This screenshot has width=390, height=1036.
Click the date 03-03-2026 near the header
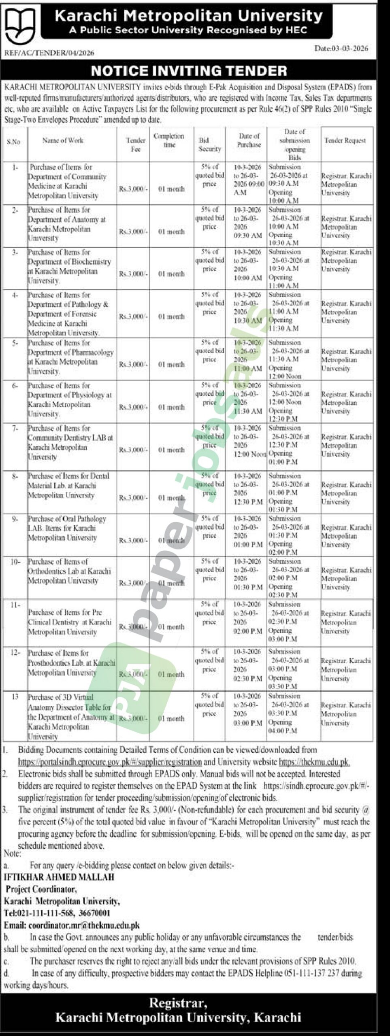pyautogui.click(x=341, y=49)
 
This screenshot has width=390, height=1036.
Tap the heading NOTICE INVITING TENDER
pyautogui.click(x=189, y=71)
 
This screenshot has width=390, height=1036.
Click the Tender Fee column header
pyautogui.click(x=135, y=144)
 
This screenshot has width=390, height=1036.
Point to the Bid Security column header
pyautogui.click(x=209, y=144)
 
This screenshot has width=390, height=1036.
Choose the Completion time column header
pyautogui.click(x=169, y=140)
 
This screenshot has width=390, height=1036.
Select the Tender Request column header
pyautogui.click(x=345, y=140)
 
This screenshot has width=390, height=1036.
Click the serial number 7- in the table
pyautogui.click(x=15, y=428)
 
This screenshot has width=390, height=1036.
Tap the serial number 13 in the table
pyautogui.click(x=15, y=697)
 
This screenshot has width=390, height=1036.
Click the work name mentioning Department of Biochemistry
pyautogui.click(x=69, y=266)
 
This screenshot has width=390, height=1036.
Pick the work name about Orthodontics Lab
pyautogui.click(x=69, y=571)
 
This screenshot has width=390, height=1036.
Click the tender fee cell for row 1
pyautogui.click(x=133, y=189)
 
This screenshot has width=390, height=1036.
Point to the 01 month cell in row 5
pyautogui.click(x=171, y=365)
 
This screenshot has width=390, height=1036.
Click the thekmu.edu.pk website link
pyautogui.click(x=314, y=762)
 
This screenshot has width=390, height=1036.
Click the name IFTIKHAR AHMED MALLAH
pyautogui.click(x=59, y=877)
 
